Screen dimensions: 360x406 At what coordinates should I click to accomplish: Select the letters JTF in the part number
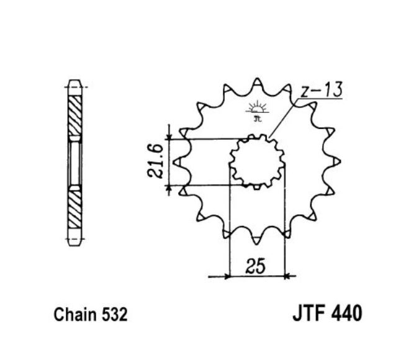point(308,312)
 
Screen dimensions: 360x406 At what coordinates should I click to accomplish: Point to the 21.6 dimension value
point(155,161)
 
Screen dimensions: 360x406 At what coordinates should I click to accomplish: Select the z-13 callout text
point(320,91)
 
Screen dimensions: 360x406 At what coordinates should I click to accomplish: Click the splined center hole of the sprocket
point(256,161)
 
